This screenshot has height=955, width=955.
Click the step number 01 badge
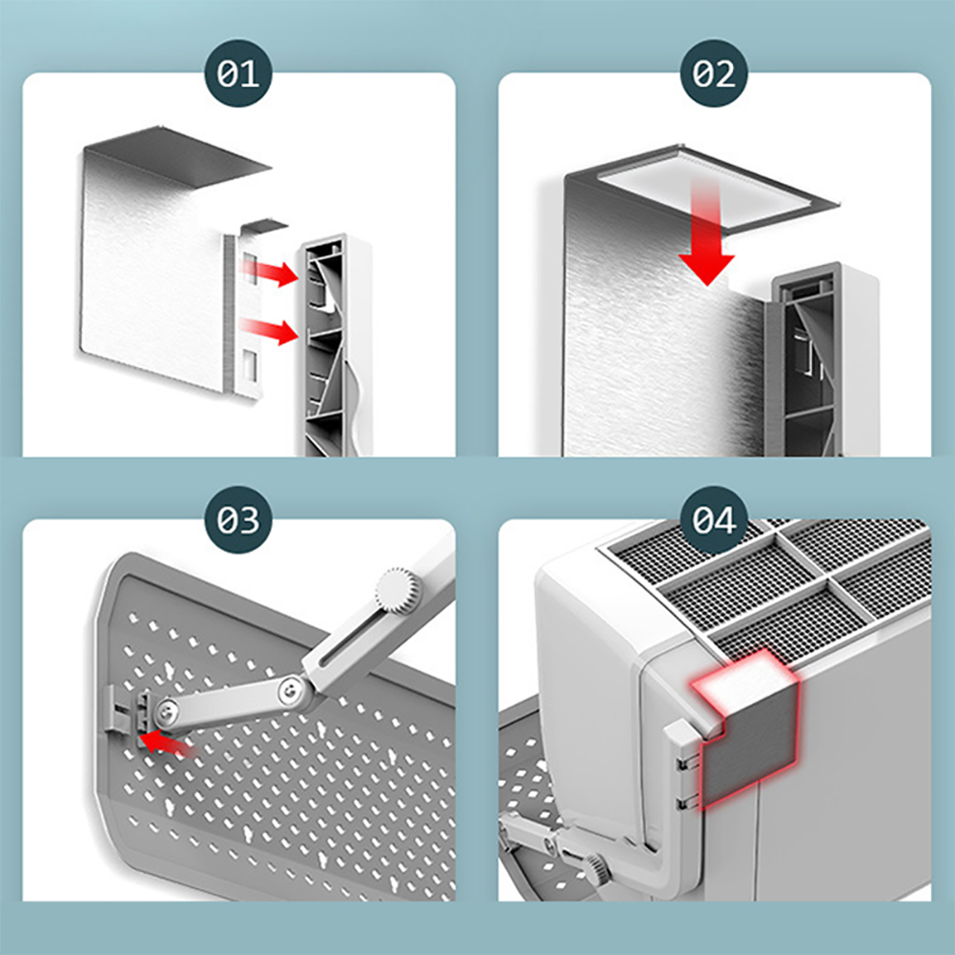[238, 73]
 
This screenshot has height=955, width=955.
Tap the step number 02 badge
[714, 73]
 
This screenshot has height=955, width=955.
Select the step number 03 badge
[238, 519]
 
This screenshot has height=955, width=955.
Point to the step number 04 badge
[714, 519]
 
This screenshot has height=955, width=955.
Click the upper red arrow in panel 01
[270, 272]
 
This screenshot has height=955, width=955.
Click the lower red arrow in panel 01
[270, 330]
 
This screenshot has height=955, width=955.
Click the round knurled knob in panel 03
[399, 590]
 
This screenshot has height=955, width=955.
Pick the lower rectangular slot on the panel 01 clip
[250, 365]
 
